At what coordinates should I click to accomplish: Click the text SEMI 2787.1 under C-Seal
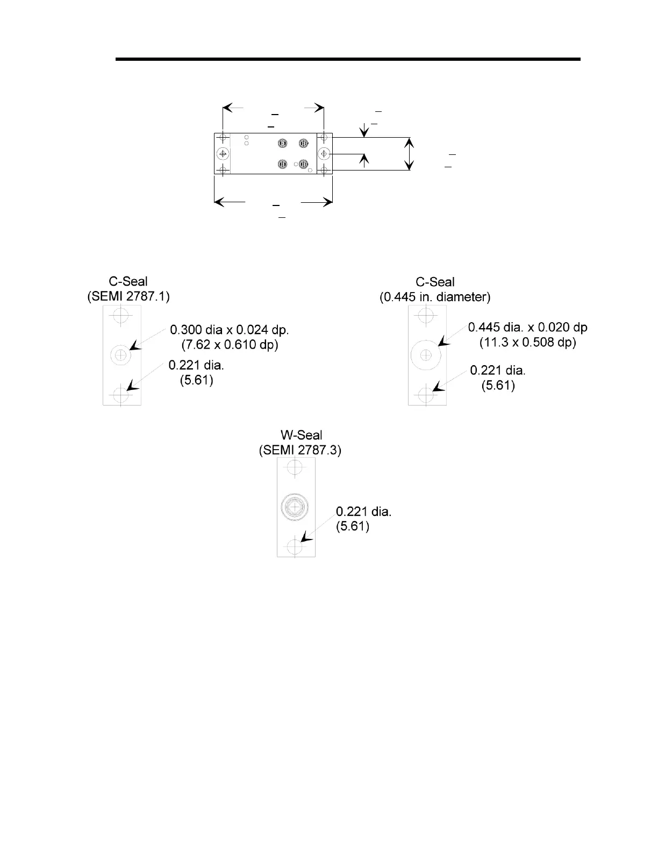pyautogui.click(x=128, y=296)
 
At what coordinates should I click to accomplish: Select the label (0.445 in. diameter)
pyautogui.click(x=435, y=296)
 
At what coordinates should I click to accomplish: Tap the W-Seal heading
pyautogui.click(x=302, y=435)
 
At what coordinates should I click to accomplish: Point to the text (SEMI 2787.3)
pyautogui.click(x=300, y=450)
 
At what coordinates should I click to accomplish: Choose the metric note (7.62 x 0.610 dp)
pyautogui.click(x=230, y=344)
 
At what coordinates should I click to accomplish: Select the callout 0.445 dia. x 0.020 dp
pyautogui.click(x=527, y=327)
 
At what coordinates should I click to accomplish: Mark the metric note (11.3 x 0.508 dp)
pyautogui.click(x=528, y=342)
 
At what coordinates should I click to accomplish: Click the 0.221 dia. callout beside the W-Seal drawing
pyautogui.click(x=363, y=512)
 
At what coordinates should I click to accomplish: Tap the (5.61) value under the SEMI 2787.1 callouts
pyautogui.click(x=196, y=380)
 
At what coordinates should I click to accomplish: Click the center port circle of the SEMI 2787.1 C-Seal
pyautogui.click(x=121, y=355)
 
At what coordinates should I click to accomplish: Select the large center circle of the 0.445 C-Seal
pyautogui.click(x=426, y=355)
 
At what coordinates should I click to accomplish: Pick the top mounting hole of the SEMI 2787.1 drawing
pyautogui.click(x=121, y=315)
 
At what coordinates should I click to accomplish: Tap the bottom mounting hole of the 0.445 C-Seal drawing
pyautogui.click(x=426, y=396)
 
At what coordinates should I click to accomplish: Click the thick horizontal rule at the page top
pyautogui.click(x=348, y=59)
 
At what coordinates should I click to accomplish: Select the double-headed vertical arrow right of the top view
pyautogui.click(x=410, y=154)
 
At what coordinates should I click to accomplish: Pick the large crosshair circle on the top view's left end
pyautogui.click(x=223, y=154)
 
